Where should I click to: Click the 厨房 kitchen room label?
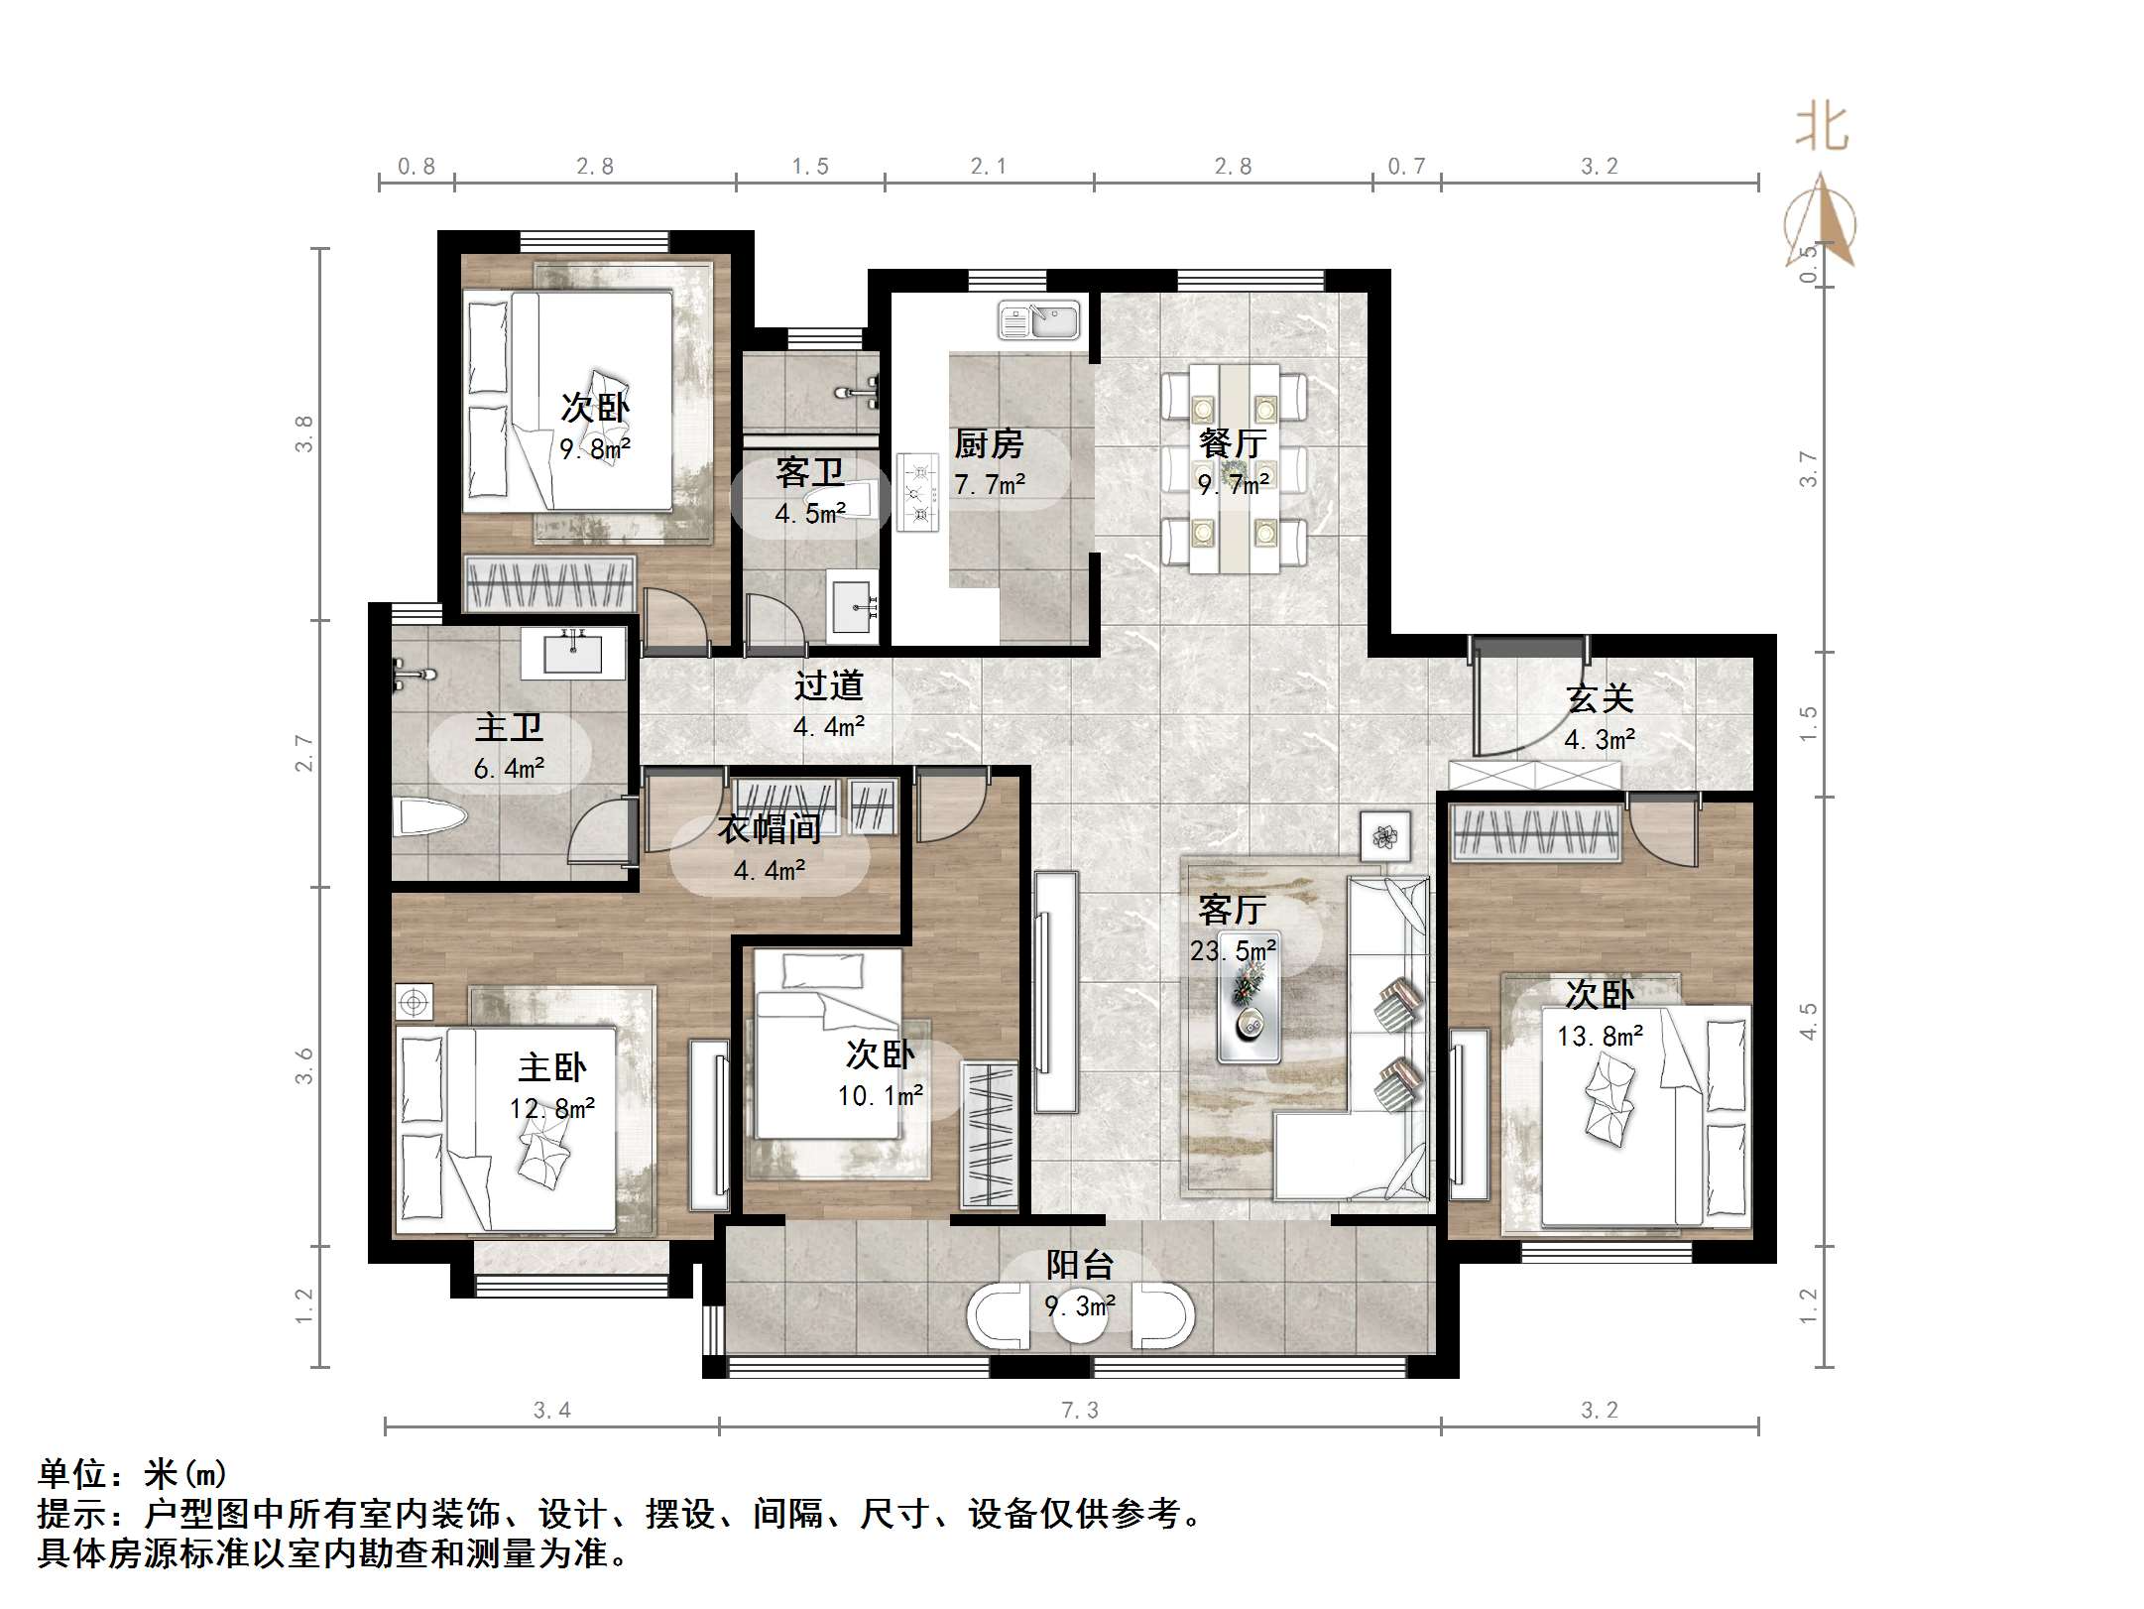[x=988, y=443]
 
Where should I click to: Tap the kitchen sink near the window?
[x=1038, y=321]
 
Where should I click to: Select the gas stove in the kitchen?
[x=918, y=491]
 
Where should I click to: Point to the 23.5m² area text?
[x=1233, y=951]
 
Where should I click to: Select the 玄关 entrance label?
[x=1600, y=698]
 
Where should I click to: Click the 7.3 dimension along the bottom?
[x=1080, y=1410]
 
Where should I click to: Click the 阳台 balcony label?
[x=1080, y=1265]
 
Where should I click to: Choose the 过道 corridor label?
[x=828, y=685]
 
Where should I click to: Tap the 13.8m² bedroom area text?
[x=1600, y=1037]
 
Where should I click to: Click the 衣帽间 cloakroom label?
[x=770, y=828]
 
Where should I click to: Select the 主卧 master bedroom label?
[x=551, y=1067]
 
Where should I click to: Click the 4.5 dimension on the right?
[x=1809, y=1021]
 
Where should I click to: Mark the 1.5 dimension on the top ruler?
[x=809, y=167]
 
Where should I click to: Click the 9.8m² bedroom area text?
[x=595, y=449]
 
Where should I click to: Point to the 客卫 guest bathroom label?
[x=810, y=472]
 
